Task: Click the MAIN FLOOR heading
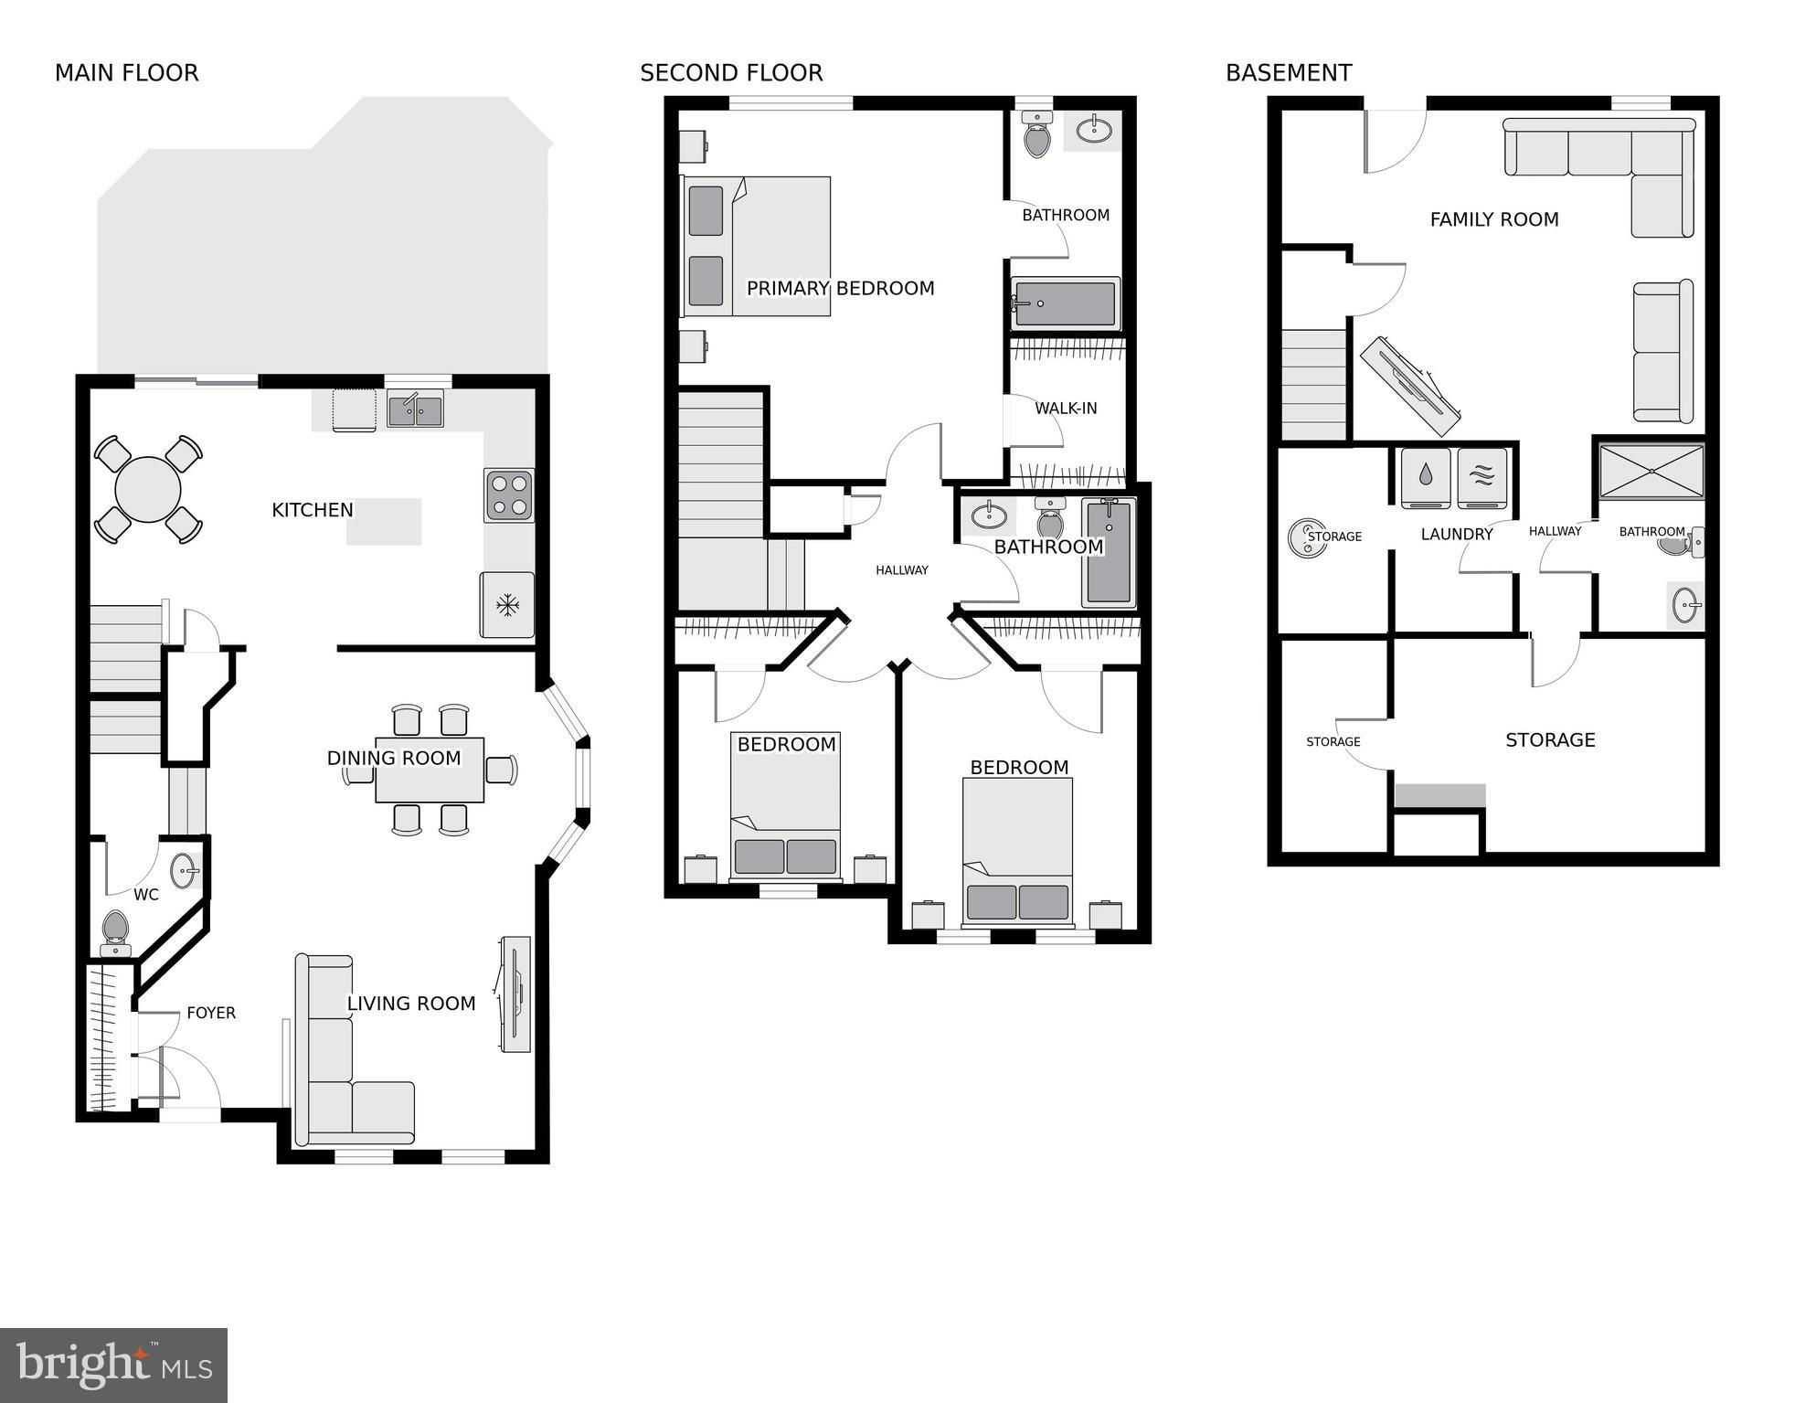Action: (x=126, y=73)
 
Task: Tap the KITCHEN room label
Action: (x=312, y=510)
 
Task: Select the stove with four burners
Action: (x=509, y=494)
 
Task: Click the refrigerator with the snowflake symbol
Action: (x=507, y=604)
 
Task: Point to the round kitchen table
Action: (x=148, y=490)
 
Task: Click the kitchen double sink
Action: (x=415, y=409)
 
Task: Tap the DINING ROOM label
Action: (x=394, y=758)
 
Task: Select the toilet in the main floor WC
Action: (x=115, y=930)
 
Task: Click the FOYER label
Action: (x=211, y=1013)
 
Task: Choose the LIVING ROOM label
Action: (x=411, y=1004)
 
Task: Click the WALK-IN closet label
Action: (x=1066, y=409)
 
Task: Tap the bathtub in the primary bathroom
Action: (x=1065, y=303)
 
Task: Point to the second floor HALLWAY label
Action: (x=901, y=570)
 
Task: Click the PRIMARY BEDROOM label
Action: (x=840, y=289)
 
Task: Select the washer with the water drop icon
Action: (x=1426, y=477)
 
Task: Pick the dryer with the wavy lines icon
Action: (x=1482, y=477)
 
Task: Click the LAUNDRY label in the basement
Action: (x=1457, y=535)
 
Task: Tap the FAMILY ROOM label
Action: (x=1494, y=219)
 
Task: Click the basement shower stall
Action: (x=1651, y=472)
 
